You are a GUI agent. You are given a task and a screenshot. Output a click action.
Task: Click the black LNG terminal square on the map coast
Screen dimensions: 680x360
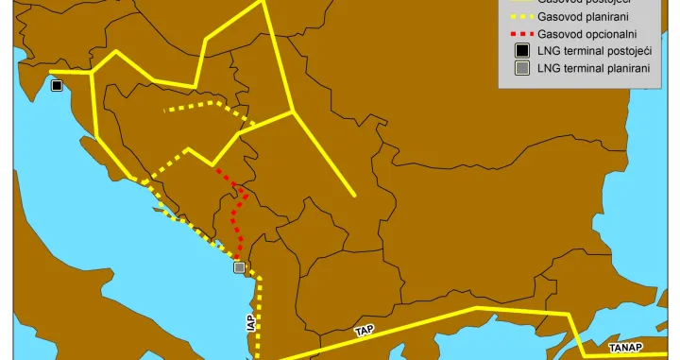coord(57,86)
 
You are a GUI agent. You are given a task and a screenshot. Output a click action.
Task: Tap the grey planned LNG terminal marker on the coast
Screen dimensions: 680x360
coord(240,267)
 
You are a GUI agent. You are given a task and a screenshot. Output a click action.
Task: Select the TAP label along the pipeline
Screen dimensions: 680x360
coord(364,331)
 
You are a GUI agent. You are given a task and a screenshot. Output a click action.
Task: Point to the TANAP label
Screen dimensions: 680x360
coord(626,348)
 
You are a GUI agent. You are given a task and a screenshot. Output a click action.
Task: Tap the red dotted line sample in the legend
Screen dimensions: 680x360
coord(519,32)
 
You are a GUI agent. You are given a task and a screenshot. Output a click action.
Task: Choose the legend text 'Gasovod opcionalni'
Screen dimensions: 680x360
coord(587,32)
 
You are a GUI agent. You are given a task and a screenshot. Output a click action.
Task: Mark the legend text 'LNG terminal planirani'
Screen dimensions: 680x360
coord(597,68)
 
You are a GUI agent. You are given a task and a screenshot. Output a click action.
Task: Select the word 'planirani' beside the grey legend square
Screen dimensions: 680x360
coord(632,68)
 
